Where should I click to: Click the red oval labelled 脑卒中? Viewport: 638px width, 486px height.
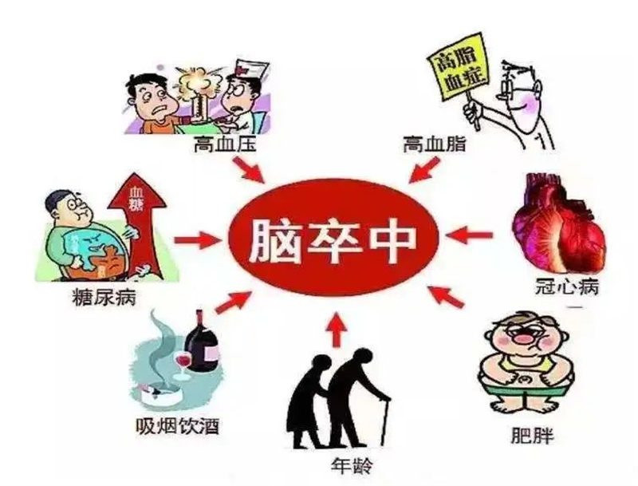(334, 237)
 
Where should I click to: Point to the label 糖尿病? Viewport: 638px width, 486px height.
(104, 298)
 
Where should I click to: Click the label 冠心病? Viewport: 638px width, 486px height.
(567, 287)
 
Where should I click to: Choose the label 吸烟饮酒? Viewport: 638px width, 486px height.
(177, 427)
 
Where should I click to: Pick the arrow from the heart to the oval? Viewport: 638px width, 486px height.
(469, 236)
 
